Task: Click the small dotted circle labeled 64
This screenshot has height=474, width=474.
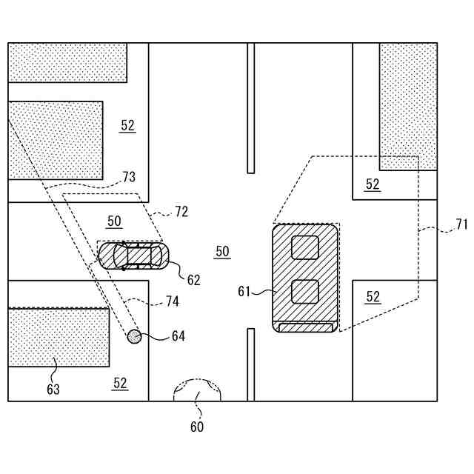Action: [134, 336]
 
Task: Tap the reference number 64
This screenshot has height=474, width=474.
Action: [178, 336]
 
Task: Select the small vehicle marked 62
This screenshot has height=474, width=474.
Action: [134, 256]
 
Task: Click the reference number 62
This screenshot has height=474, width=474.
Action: [193, 280]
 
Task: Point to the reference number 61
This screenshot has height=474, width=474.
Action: [245, 292]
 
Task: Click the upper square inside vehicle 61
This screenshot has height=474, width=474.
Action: [304, 247]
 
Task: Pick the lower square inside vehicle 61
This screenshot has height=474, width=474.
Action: [304, 292]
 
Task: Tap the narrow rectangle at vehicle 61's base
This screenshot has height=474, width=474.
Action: [305, 327]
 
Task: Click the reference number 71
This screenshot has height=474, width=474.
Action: [461, 224]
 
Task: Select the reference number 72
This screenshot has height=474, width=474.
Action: [181, 212]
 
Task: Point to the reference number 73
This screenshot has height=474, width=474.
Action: [129, 177]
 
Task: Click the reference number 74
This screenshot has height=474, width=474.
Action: [172, 301]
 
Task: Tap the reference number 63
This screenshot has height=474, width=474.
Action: [53, 389]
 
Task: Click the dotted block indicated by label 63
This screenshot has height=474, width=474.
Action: [58, 337]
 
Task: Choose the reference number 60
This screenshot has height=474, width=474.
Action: [197, 427]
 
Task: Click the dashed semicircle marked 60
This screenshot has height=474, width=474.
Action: [197, 390]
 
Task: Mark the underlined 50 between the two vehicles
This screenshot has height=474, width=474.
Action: [222, 252]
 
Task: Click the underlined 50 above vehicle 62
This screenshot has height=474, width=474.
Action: [114, 221]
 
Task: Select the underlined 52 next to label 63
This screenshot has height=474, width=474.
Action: [120, 383]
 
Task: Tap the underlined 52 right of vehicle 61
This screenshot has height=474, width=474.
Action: [373, 297]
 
